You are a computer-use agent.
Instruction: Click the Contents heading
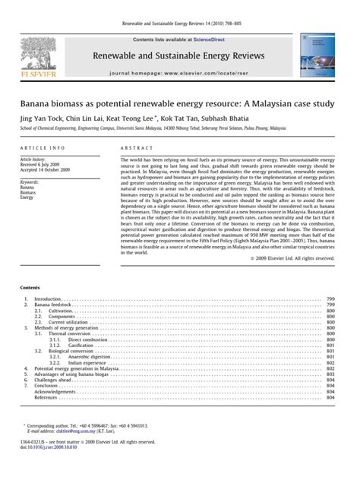[32, 267]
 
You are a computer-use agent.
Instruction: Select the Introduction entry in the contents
[49, 279]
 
